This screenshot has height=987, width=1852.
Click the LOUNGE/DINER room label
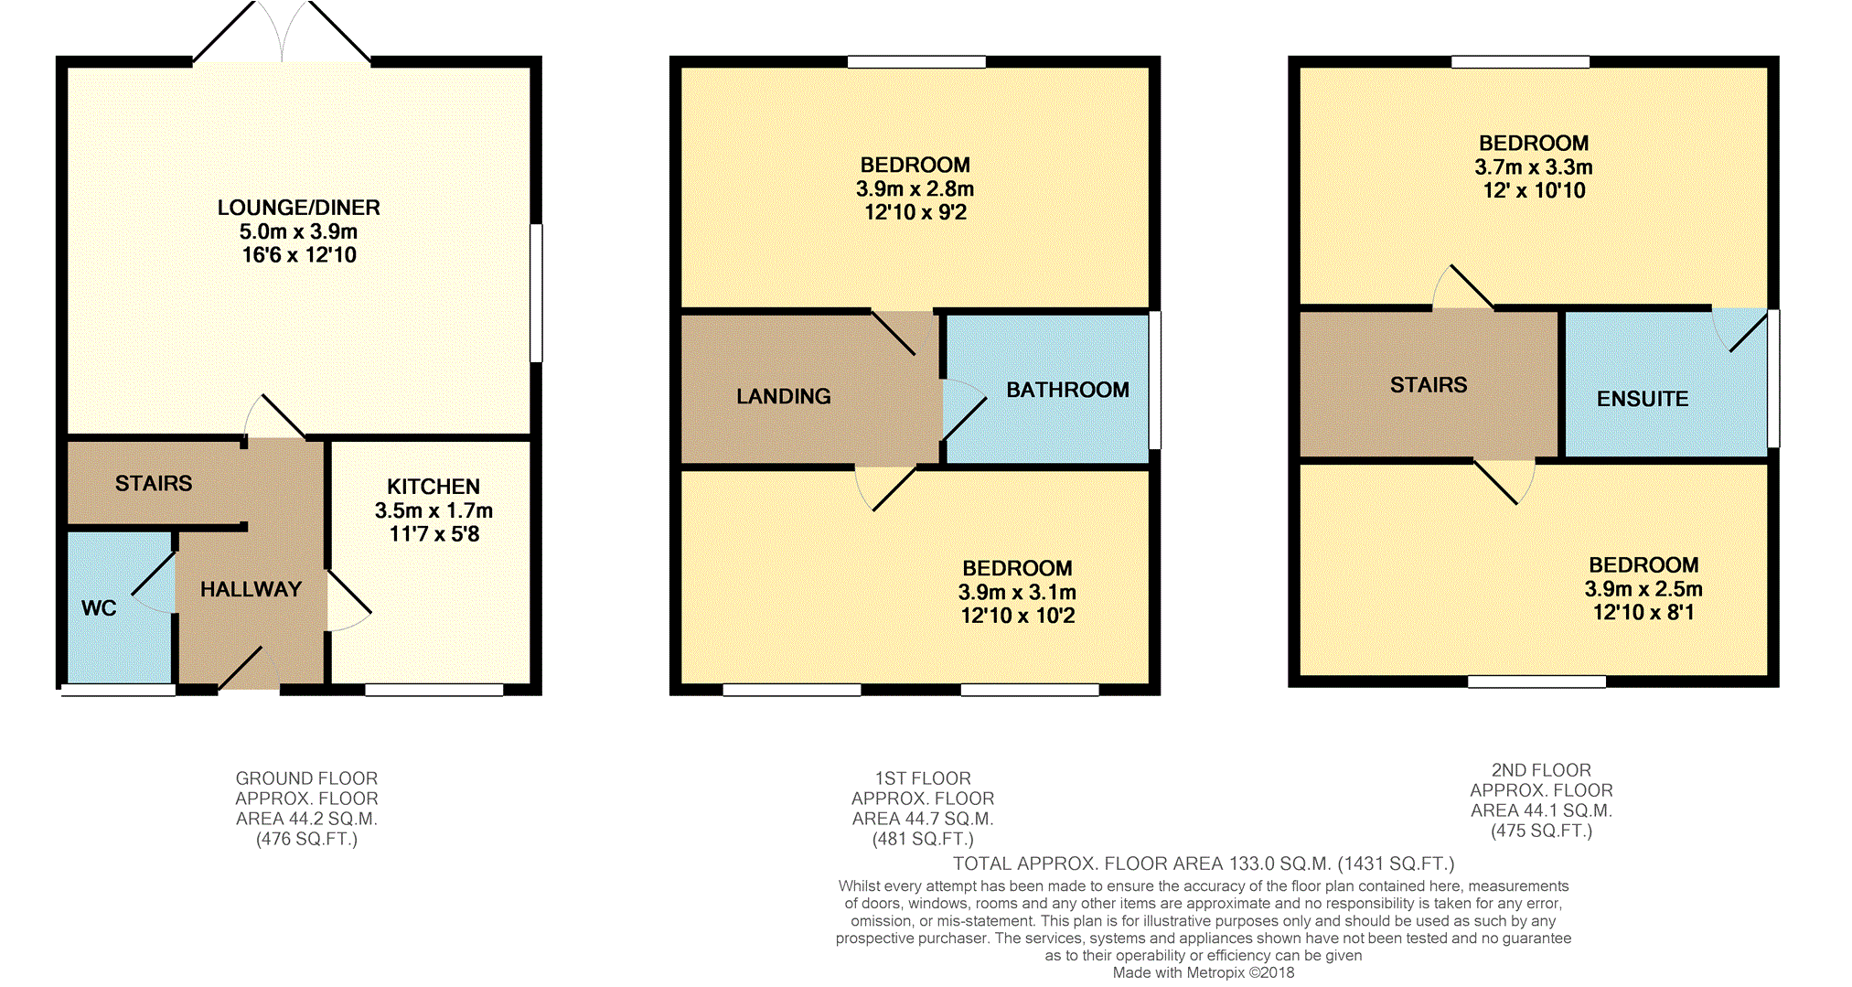pyautogui.click(x=298, y=208)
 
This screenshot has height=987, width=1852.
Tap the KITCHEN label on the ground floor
pyautogui.click(x=433, y=487)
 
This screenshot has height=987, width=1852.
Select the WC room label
pyautogui.click(x=99, y=608)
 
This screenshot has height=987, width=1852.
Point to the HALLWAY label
pyautogui.click(x=251, y=589)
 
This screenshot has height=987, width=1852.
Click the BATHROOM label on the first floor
pyautogui.click(x=1067, y=390)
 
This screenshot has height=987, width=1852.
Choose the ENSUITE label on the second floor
pyautogui.click(x=1643, y=399)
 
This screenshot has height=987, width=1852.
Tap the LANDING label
pyautogui.click(x=784, y=396)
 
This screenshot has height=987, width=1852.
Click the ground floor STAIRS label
pyautogui.click(x=154, y=483)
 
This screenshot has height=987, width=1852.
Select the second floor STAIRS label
pyautogui.click(x=1429, y=385)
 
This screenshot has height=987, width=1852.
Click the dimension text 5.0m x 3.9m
pyautogui.click(x=298, y=231)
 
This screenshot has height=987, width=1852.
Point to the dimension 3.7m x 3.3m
pyautogui.click(x=1534, y=167)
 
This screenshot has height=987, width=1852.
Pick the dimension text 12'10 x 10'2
pyautogui.click(x=1018, y=616)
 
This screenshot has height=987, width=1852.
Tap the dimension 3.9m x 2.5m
pyautogui.click(x=1643, y=589)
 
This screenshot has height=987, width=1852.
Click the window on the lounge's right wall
pyautogui.click(x=537, y=293)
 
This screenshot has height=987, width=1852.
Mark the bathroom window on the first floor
pyautogui.click(x=1155, y=380)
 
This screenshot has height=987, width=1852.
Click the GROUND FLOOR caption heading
pyautogui.click(x=306, y=778)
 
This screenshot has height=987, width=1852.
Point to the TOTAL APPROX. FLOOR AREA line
pyautogui.click(x=1204, y=864)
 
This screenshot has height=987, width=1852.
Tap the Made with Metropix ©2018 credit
pyautogui.click(x=1204, y=972)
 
